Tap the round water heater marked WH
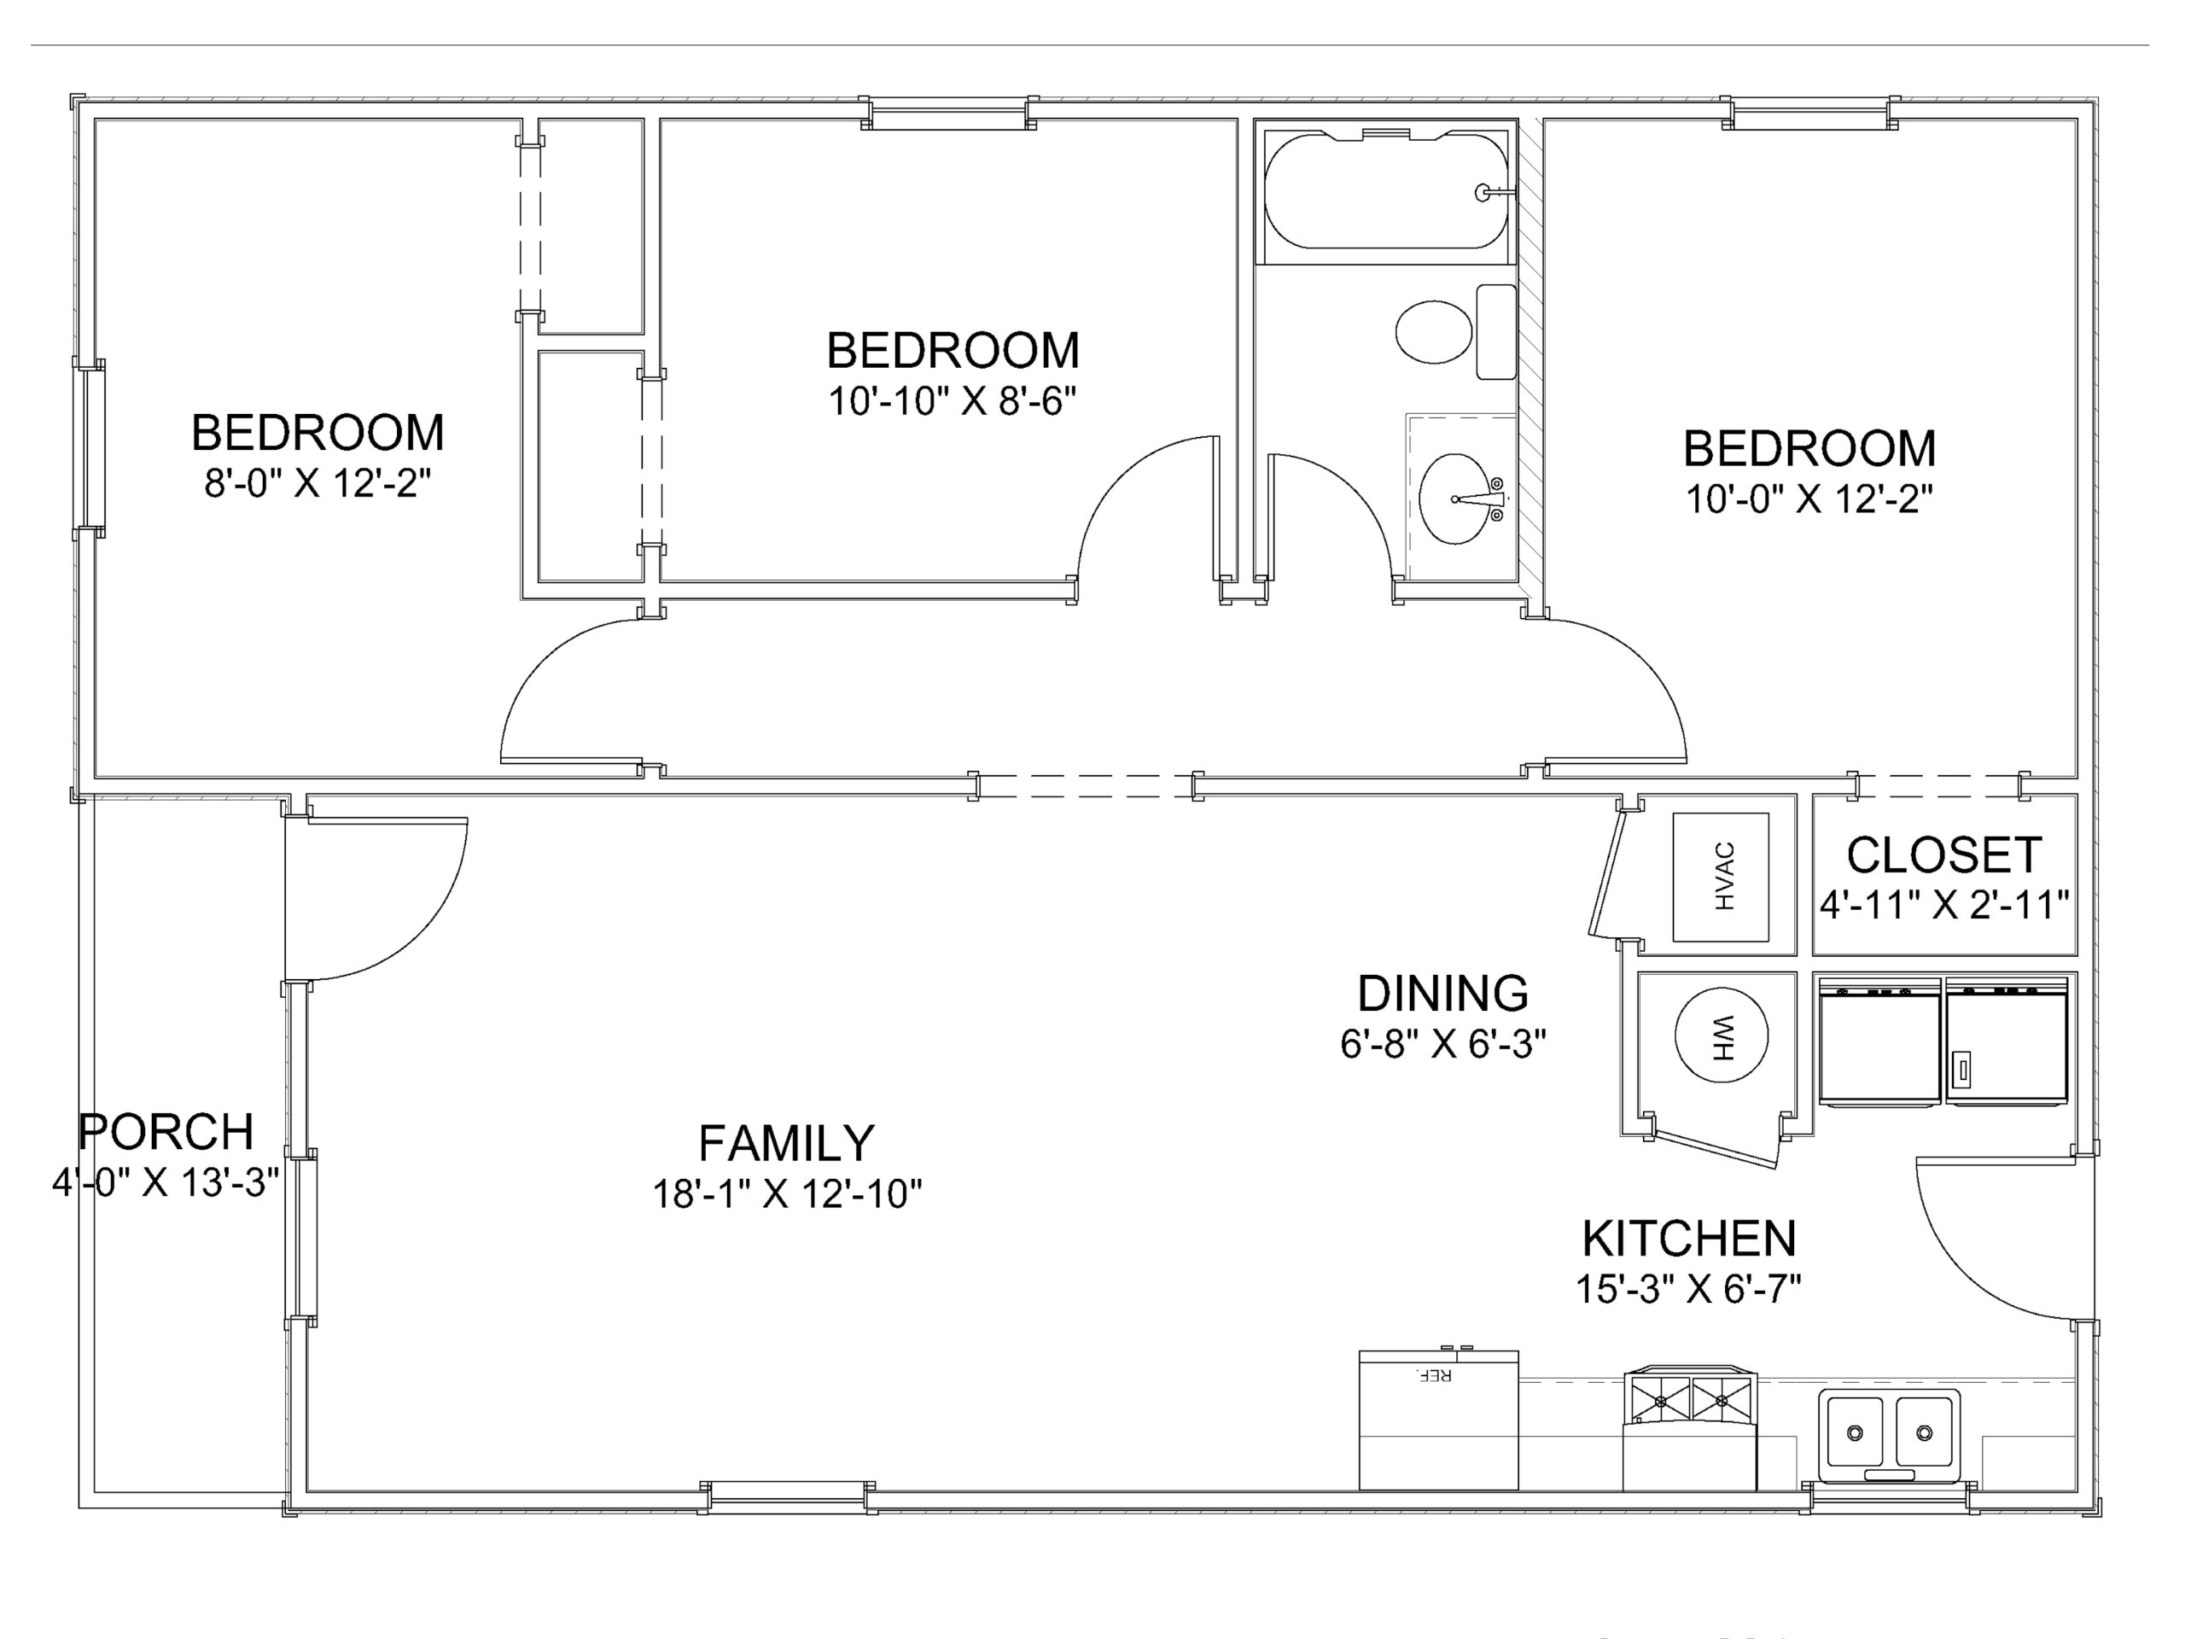1721,1035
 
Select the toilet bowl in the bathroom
1433,332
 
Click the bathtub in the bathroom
1386,190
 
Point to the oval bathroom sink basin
1455,499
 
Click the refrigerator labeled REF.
1438,1420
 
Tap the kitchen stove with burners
1689,1427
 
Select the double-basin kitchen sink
1889,1433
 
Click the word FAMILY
786,1143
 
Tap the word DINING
1442,993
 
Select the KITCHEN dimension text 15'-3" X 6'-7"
1688,1288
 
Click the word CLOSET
1944,855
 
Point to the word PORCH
166,1131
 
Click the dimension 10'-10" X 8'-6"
953,401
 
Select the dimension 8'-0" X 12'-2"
318,483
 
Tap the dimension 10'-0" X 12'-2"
1809,499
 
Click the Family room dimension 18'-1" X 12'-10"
786,1193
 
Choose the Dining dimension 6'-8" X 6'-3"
1442,1043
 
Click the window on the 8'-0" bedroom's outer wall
88,447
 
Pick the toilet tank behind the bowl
1495,332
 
